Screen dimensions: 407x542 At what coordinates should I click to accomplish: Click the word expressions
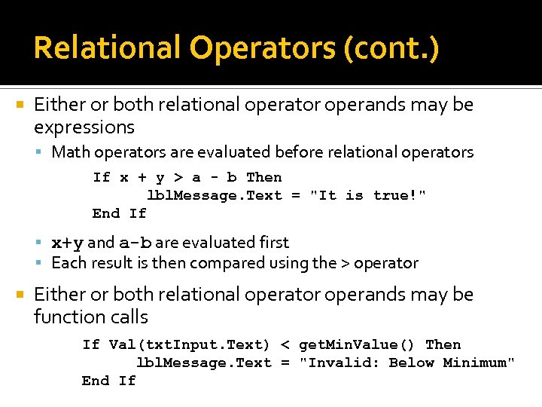tap(84, 127)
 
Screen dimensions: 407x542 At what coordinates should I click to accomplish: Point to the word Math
tap(69, 152)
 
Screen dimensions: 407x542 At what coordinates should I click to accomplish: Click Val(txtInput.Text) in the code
tap(189, 344)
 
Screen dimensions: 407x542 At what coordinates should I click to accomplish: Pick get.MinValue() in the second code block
tap(357, 344)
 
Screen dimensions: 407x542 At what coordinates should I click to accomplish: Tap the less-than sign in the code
tap(285, 344)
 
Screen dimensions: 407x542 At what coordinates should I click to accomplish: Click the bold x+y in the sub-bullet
tap(67, 243)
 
